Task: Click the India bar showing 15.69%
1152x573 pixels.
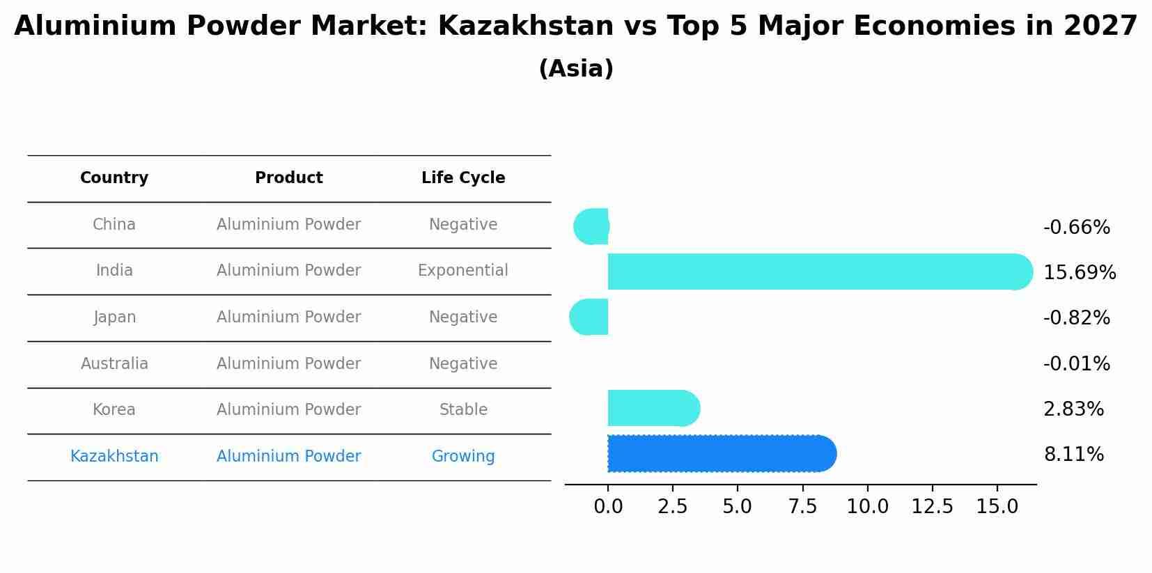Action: [x=815, y=272]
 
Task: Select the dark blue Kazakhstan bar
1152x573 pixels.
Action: [x=717, y=454]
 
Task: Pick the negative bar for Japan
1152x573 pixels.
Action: [x=590, y=317]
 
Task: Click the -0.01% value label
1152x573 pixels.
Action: [x=1076, y=363]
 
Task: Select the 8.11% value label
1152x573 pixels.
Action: [x=1073, y=455]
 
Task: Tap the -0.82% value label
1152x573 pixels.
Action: [x=1076, y=318]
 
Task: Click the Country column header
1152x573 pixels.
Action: [x=114, y=178]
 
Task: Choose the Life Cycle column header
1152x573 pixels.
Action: [x=463, y=178]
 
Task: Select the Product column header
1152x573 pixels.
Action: [x=288, y=178]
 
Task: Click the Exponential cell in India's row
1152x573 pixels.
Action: [x=463, y=271]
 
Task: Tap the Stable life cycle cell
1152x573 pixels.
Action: [x=463, y=410]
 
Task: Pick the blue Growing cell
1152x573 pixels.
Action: [x=463, y=457]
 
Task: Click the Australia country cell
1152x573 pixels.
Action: [x=114, y=364]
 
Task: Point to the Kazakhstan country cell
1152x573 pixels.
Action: [x=114, y=457]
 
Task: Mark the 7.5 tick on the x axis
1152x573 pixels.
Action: [x=802, y=507]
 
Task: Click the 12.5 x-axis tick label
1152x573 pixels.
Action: [x=932, y=507]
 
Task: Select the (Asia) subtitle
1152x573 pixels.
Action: [x=576, y=69]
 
